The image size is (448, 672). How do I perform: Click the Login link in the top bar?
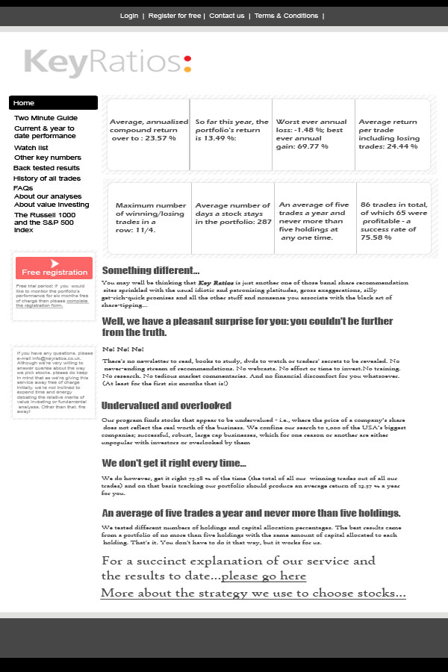click(x=129, y=16)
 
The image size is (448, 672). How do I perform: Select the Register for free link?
click(x=175, y=16)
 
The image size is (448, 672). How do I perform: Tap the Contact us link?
click(x=226, y=16)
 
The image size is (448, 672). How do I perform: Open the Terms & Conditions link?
click(x=286, y=16)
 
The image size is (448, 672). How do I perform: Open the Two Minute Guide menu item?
click(x=46, y=118)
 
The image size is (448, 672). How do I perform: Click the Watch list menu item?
click(x=31, y=148)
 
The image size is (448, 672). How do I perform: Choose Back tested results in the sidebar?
click(x=46, y=168)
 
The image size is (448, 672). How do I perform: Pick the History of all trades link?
click(x=47, y=178)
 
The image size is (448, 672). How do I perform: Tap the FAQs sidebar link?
click(x=23, y=188)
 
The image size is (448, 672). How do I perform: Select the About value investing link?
click(x=52, y=205)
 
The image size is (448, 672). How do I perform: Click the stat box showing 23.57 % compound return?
click(x=148, y=134)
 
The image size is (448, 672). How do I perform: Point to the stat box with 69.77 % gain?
click(x=312, y=134)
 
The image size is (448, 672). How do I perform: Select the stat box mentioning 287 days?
click(x=233, y=217)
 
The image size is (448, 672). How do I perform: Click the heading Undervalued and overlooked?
click(x=167, y=405)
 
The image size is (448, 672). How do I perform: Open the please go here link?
click(x=264, y=576)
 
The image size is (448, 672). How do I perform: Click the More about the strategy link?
click(x=253, y=593)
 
